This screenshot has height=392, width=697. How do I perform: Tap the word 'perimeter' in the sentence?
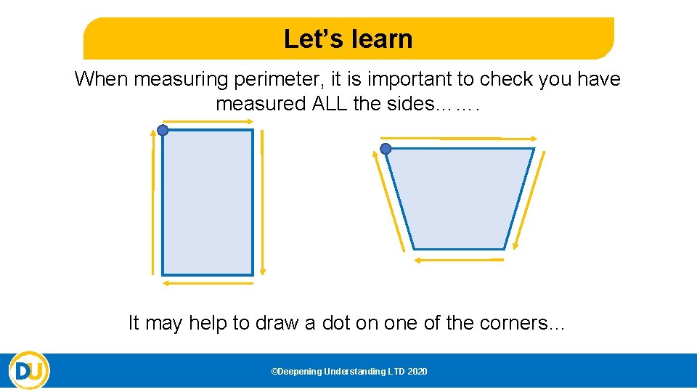[x=268, y=78]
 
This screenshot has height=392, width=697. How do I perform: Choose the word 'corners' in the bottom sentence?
[x=514, y=322]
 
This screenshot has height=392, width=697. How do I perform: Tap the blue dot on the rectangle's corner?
[x=163, y=131]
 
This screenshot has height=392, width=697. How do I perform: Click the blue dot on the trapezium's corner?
[x=386, y=149]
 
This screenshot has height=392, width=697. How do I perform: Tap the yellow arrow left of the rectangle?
[x=153, y=211]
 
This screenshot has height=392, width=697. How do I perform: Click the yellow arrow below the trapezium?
[x=459, y=259]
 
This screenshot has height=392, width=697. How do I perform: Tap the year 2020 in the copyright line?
[x=417, y=372]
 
